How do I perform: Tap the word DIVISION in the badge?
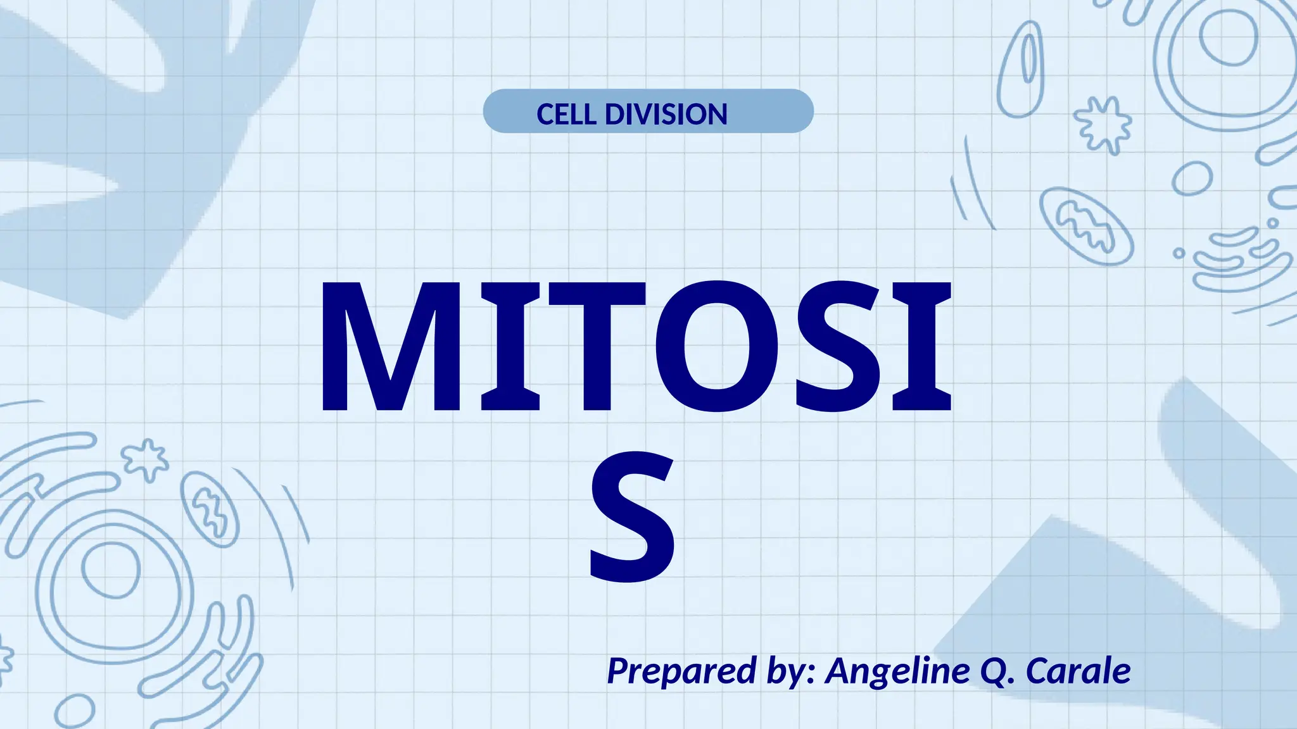tap(666, 115)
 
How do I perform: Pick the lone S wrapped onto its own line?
tap(632, 516)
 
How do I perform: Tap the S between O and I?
tap(840, 347)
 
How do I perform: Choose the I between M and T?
tap(510, 347)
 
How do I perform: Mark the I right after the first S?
tap(921, 347)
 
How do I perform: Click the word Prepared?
tap(681, 671)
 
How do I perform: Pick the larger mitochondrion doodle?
tap(1085, 225)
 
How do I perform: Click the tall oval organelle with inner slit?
tap(1021, 70)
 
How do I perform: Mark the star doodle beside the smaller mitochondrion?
tap(146, 458)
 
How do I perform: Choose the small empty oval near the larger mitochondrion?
tap(1191, 178)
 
